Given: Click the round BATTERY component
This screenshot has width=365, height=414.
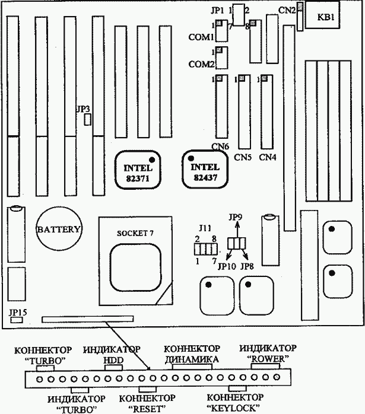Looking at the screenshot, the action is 59,229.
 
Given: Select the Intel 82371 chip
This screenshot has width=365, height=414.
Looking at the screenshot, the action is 138,170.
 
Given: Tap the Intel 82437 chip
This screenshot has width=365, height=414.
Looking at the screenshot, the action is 205,169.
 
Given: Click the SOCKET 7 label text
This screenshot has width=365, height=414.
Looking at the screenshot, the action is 135,233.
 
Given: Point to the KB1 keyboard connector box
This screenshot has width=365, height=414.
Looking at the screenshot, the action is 322,15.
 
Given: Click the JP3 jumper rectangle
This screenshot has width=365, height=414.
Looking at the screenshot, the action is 87,120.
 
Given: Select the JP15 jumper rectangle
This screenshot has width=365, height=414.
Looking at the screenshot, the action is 17,320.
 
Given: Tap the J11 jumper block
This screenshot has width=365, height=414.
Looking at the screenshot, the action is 206,249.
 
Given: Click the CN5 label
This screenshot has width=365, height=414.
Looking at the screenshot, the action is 243,157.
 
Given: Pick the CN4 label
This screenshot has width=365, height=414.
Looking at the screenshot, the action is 268,157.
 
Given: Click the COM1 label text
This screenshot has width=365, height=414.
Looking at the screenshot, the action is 201,37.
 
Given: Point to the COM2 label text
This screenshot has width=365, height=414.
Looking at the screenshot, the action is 201,64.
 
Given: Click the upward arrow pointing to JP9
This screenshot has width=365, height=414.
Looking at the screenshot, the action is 237,230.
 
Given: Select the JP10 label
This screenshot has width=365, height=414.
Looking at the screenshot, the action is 227,266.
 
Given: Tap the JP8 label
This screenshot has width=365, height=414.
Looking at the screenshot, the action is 247,266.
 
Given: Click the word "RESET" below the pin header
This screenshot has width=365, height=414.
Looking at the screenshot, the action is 147,409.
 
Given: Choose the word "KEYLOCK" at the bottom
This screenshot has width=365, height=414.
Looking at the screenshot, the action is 233,408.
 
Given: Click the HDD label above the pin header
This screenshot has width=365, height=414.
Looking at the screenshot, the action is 113,361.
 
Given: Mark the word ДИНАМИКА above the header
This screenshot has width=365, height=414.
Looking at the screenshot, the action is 192,359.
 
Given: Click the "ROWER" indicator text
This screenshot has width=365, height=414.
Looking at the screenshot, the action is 268,359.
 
